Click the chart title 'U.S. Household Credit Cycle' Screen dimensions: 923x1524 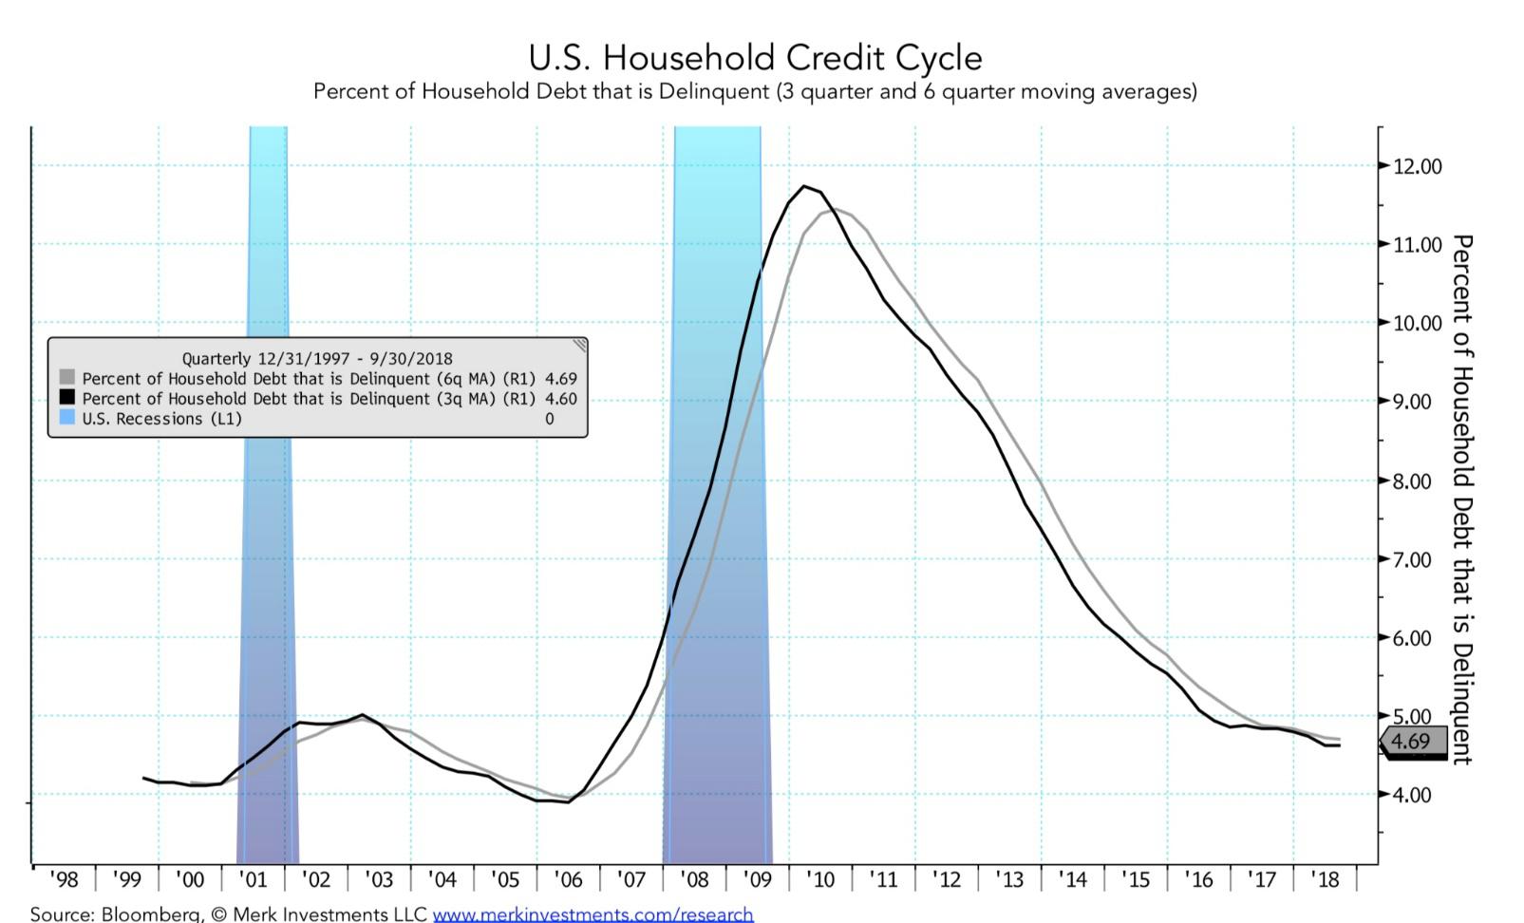[755, 58]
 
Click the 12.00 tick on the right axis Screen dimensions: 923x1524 [1417, 166]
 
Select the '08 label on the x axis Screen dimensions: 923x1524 [694, 880]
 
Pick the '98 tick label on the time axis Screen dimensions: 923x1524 [64, 880]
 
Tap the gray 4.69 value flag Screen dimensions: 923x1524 [1412, 741]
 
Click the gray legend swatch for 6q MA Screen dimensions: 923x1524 [66, 378]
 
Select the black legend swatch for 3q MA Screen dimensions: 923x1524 [66, 398]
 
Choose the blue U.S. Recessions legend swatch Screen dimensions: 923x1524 [66, 418]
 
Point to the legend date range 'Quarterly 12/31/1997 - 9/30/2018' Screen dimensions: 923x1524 [317, 359]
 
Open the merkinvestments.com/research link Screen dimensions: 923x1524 [593, 914]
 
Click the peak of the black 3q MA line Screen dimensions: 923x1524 [804, 186]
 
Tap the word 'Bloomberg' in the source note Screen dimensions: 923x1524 [151, 914]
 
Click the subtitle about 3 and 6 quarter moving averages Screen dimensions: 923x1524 [755, 92]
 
